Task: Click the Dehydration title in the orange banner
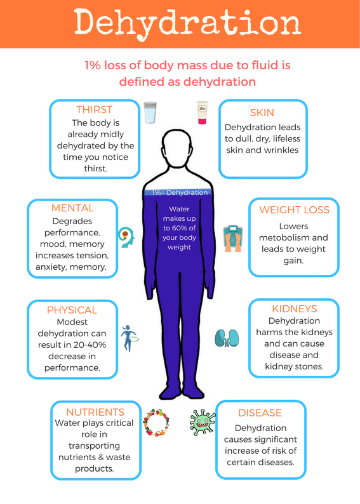pos(187,23)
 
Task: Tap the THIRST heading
pos(95,110)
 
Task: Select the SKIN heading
pos(262,113)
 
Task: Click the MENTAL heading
pos(72,208)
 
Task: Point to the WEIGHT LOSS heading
pos(294,210)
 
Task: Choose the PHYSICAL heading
pos(72,310)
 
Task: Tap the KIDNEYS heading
pos(295,309)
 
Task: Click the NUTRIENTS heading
pos(95,412)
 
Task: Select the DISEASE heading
pos(260,413)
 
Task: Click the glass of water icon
pos(150,112)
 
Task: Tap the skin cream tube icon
pos(202,112)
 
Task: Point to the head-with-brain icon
pos(126,237)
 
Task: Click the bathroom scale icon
pos(233,239)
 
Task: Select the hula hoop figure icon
pos(130,338)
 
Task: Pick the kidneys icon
pos(227,338)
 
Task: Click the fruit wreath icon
pos(156,422)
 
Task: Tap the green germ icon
pos(203,423)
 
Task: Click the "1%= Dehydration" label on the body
pos(180,192)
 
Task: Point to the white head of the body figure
pos(177,149)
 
